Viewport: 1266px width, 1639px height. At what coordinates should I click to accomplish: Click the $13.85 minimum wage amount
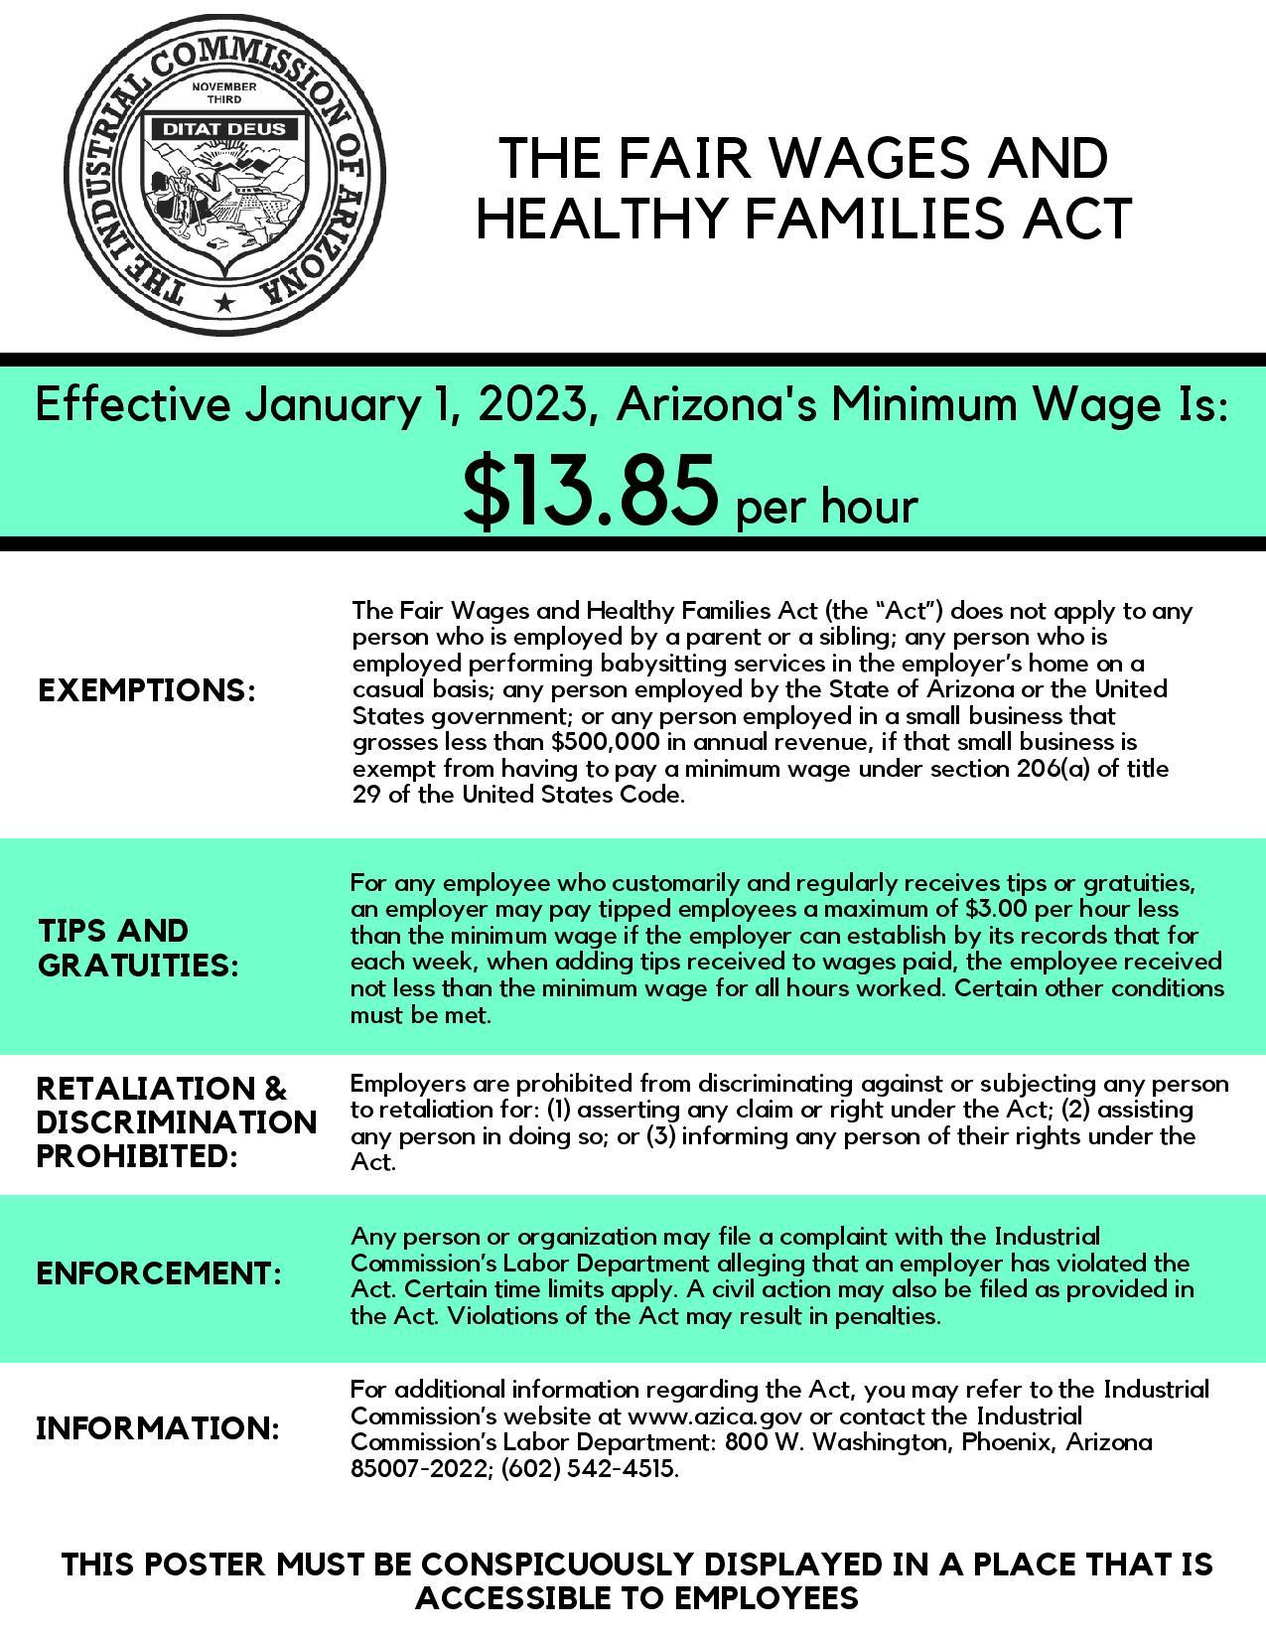590,491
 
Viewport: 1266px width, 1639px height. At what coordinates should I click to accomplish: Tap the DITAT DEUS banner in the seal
223,128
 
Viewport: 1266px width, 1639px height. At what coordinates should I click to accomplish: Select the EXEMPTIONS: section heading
147,690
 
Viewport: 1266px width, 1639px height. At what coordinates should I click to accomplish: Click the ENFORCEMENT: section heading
159,1273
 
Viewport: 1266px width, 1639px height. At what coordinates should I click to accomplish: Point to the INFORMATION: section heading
158,1428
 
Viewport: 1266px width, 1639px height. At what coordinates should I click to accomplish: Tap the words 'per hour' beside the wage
826,507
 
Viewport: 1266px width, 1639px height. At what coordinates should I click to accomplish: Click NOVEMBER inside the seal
223,86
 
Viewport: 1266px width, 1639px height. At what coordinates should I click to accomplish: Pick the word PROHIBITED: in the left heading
137,1157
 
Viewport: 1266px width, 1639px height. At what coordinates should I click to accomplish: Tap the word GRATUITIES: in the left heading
139,965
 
